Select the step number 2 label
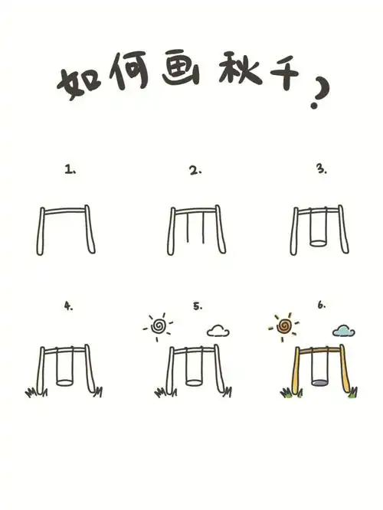(x=195, y=172)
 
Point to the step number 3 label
(x=321, y=170)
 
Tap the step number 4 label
(x=69, y=306)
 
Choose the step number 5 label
(x=198, y=306)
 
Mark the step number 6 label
(x=322, y=306)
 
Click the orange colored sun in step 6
(x=284, y=327)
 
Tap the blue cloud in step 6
(x=344, y=331)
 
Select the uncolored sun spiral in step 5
(x=159, y=327)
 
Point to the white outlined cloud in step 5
(x=219, y=331)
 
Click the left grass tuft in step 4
(x=32, y=393)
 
